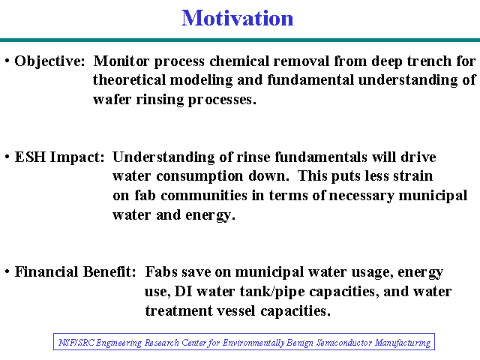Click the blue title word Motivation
pyautogui.click(x=237, y=18)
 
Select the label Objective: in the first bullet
pyautogui.click(x=49, y=61)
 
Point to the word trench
pyautogui.click(x=429, y=61)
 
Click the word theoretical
pyautogui.click(x=129, y=80)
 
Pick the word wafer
pyautogui.click(x=112, y=99)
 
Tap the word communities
pyautogui.click(x=204, y=195)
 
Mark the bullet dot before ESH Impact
pyautogui.click(x=7, y=157)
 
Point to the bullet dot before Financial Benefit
pyautogui.click(x=7, y=271)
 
